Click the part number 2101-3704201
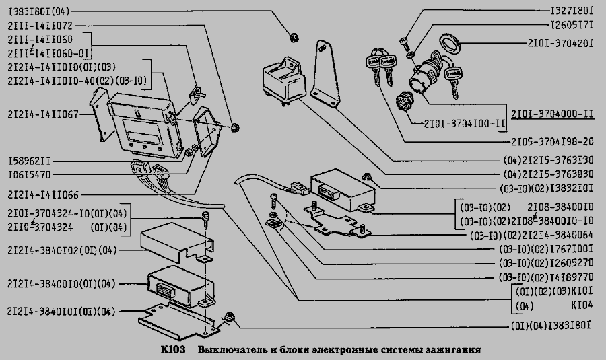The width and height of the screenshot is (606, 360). pos(561,43)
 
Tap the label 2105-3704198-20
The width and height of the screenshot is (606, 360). pos(552,142)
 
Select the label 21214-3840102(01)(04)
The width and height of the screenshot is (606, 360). pos(61,250)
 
